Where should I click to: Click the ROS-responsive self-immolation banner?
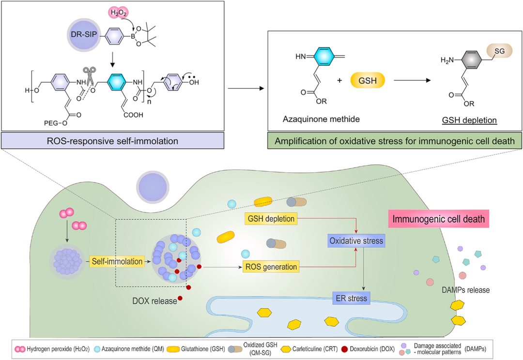coord(113,141)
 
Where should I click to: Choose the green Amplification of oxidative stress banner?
coord(394,141)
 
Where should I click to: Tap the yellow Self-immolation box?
coord(117,262)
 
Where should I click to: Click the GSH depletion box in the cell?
coord(271,219)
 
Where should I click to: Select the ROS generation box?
coord(271,266)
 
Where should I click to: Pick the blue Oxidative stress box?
coord(356,240)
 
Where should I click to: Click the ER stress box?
coord(351,297)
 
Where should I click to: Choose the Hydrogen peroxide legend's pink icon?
coord(20,348)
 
